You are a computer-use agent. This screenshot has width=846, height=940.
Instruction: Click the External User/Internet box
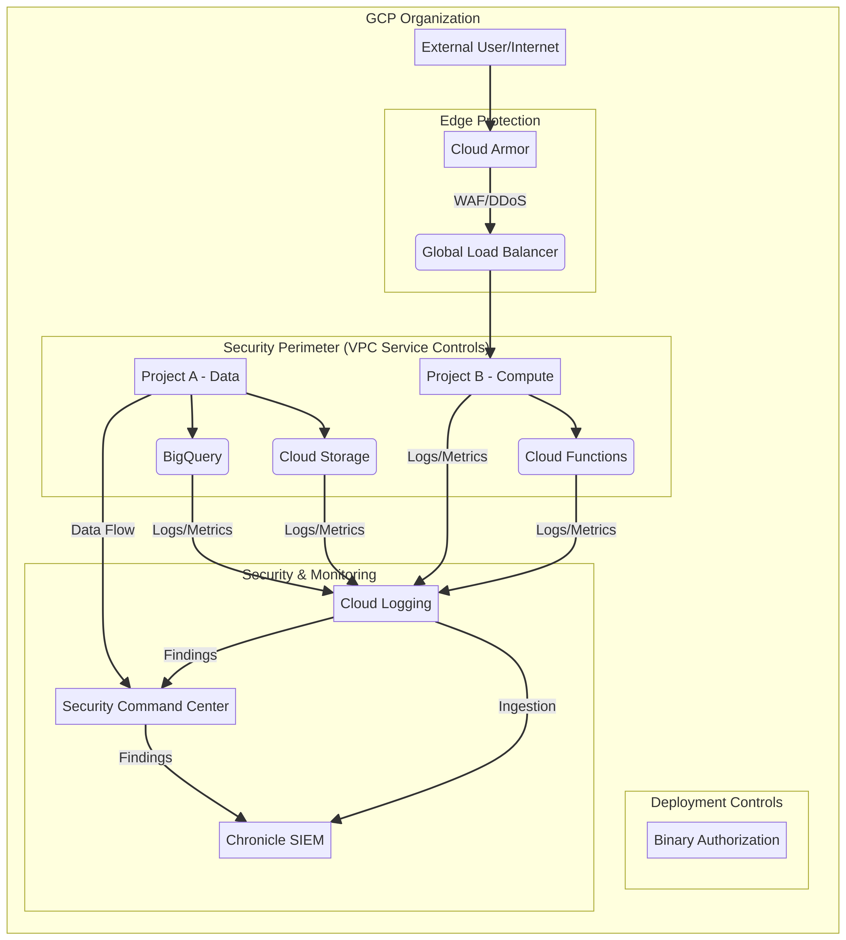(x=490, y=47)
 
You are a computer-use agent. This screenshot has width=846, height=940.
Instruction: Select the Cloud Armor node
(x=490, y=149)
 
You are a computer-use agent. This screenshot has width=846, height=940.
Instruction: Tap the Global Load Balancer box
(x=490, y=252)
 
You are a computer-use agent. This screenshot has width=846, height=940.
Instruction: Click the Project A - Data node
(x=190, y=376)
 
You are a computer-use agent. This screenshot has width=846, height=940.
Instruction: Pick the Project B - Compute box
(x=490, y=376)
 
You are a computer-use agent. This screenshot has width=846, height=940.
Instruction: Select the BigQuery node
(x=193, y=456)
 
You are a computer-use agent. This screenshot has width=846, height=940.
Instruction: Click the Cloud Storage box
(x=325, y=456)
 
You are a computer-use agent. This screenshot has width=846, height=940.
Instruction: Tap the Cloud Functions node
(x=576, y=456)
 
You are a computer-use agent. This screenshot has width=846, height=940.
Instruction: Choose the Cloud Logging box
(x=386, y=603)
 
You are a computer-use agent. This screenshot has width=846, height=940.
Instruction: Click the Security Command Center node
(x=146, y=706)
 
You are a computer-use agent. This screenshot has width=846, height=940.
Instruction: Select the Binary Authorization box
(x=717, y=840)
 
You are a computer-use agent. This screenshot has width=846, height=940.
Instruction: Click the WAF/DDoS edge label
(x=490, y=201)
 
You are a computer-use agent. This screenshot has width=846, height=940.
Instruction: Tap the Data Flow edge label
(x=103, y=530)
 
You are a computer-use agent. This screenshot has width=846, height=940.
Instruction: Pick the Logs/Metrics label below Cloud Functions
(x=576, y=530)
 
